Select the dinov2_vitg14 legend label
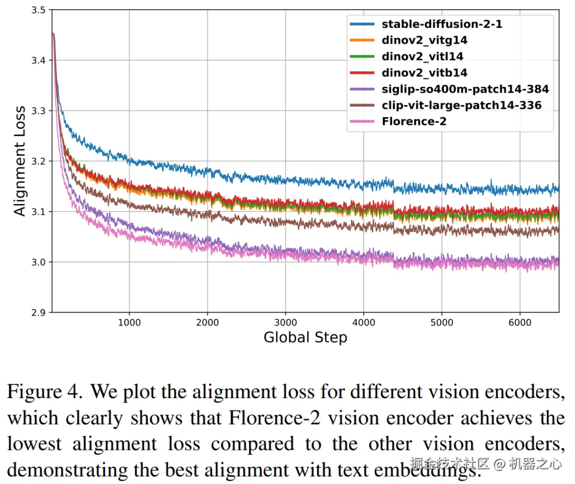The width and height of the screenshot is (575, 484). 424,40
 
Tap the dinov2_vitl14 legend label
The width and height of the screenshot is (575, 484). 422,56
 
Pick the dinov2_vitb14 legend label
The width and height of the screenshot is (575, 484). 424,72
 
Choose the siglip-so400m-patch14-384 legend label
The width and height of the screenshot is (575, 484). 465,88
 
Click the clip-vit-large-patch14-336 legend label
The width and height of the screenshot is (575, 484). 461,105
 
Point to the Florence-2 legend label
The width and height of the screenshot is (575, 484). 414,121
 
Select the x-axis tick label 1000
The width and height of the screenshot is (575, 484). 129,322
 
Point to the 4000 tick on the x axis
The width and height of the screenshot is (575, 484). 364,322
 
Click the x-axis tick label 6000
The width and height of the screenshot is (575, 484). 520,322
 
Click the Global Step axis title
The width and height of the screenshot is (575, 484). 305,337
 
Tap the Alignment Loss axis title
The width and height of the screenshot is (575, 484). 20,161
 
